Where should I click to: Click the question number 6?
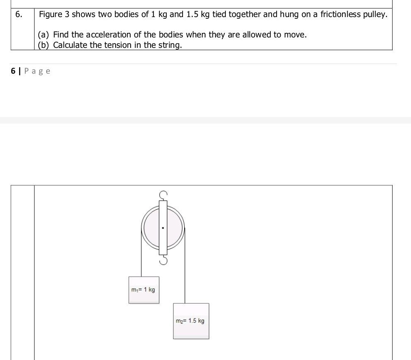pyautogui.click(x=18, y=15)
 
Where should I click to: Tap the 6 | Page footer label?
pyautogui.click(x=31, y=71)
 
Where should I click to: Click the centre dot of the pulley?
pyautogui.click(x=163, y=228)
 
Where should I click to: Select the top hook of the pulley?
pyautogui.click(x=163, y=194)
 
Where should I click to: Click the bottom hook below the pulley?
pyautogui.click(x=163, y=260)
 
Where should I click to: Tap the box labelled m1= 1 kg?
pyautogui.click(x=144, y=290)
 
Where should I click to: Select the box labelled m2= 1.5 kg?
pyautogui.click(x=191, y=321)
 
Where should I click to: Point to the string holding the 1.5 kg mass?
pyautogui.click(x=185, y=271)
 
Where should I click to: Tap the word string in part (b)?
pyautogui.click(x=170, y=45)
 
